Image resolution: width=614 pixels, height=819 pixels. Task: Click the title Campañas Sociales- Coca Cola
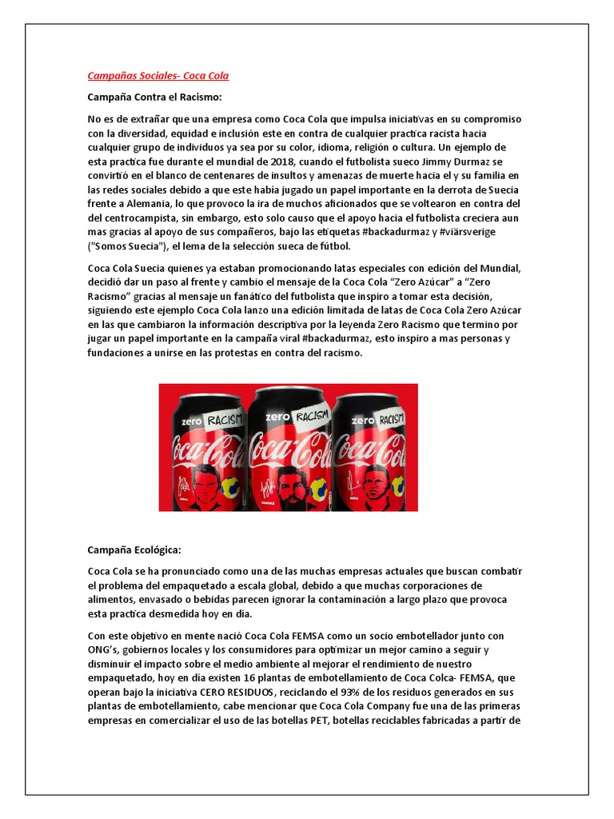(x=157, y=76)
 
